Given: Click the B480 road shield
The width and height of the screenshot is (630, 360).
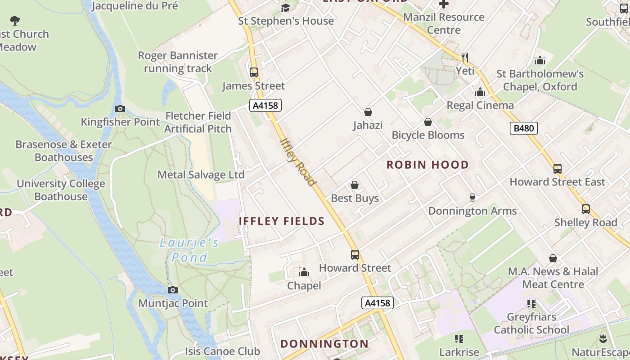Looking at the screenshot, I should pyautogui.click(x=524, y=128).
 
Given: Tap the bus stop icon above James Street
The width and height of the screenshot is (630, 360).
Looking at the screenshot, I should pyautogui.click(x=254, y=72).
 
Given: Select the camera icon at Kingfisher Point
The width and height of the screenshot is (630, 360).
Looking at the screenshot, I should pyautogui.click(x=120, y=108).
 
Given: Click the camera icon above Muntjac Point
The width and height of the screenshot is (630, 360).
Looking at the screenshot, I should pyautogui.click(x=172, y=290).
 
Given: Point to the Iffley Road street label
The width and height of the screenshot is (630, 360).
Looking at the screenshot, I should pyautogui.click(x=297, y=162).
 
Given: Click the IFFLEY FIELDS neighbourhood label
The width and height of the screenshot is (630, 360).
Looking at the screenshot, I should pyautogui.click(x=282, y=221).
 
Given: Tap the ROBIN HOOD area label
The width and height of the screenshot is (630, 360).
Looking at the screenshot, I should pyautogui.click(x=427, y=165).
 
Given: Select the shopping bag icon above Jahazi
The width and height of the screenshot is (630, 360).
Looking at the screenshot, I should pyautogui.click(x=368, y=112).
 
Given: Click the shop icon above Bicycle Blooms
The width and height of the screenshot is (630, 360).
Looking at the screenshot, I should pyautogui.click(x=427, y=122).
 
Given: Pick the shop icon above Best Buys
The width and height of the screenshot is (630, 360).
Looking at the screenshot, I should pyautogui.click(x=355, y=185).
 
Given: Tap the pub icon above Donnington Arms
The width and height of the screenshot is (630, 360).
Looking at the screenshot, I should pyautogui.click(x=472, y=197).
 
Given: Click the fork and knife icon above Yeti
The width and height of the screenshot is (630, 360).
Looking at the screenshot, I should pyautogui.click(x=465, y=57).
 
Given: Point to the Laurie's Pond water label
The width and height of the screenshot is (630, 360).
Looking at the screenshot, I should pyautogui.click(x=189, y=250).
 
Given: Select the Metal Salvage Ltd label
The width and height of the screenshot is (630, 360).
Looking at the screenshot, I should pyautogui.click(x=201, y=175).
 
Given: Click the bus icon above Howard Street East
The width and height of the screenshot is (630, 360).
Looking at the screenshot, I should pyautogui.click(x=557, y=169).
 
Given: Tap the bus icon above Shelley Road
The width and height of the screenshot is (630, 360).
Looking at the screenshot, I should pyautogui.click(x=585, y=209).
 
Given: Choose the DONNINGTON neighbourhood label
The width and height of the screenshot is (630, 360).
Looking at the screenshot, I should pyautogui.click(x=324, y=344).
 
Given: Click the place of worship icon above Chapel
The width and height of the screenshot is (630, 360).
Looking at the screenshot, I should pyautogui.click(x=304, y=272).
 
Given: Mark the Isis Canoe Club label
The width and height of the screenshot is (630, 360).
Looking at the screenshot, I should pyautogui.click(x=222, y=351).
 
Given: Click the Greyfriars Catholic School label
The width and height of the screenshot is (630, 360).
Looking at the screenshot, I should pyautogui.click(x=531, y=323).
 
